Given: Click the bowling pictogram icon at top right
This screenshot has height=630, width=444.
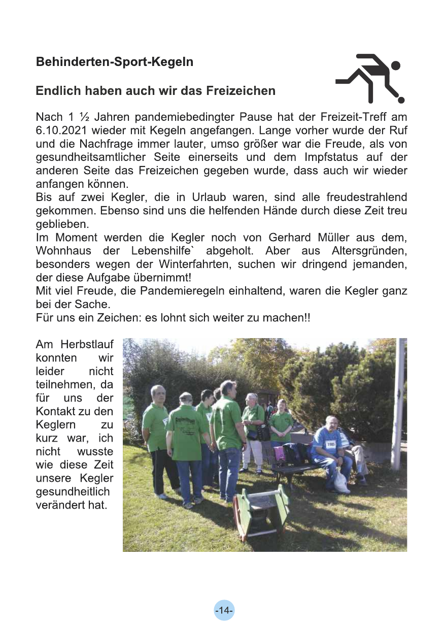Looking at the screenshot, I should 369,78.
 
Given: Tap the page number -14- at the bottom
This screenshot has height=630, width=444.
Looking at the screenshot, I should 224,610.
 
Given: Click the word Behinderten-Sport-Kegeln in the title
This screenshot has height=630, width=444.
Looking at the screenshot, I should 115,62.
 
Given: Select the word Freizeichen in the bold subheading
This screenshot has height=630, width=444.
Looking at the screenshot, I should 241,91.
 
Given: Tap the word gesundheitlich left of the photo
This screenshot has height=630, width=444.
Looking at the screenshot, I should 73,493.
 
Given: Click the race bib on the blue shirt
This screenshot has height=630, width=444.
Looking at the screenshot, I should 331,444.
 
